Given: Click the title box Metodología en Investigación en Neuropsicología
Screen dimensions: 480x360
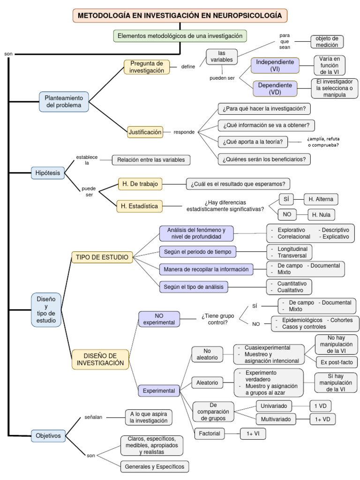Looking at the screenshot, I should coord(180,15).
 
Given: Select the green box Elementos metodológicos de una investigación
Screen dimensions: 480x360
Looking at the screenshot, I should coord(180,36).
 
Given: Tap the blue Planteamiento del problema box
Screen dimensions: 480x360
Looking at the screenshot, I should coord(64,102).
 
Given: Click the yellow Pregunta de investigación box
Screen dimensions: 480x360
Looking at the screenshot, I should coord(147,67).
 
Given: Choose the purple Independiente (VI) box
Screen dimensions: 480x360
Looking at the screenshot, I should coord(275,65).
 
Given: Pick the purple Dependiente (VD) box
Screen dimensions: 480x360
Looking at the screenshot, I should coord(275,88).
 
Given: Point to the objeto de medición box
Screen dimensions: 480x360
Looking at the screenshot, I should coord(327,42).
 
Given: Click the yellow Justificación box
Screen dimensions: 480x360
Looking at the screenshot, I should coord(145,132).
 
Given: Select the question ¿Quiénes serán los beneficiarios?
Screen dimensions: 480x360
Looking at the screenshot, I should coord(264,159).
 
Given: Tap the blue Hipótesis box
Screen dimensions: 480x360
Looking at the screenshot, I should coord(48,173).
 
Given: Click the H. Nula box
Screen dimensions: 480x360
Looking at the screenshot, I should coord(321,215).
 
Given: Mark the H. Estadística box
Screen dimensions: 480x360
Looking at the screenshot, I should coord(139,206).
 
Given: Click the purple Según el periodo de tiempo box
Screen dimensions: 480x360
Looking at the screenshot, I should coord(197,252).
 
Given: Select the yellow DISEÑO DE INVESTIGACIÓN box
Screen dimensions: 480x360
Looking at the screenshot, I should coord(100,360).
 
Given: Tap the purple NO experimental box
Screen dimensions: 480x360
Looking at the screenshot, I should coord(159,319).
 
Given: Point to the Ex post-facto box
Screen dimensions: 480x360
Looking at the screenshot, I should coord(336,362).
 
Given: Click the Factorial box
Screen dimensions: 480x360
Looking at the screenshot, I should coord(209,433).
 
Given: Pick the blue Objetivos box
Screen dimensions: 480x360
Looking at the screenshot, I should coord(48,435).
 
